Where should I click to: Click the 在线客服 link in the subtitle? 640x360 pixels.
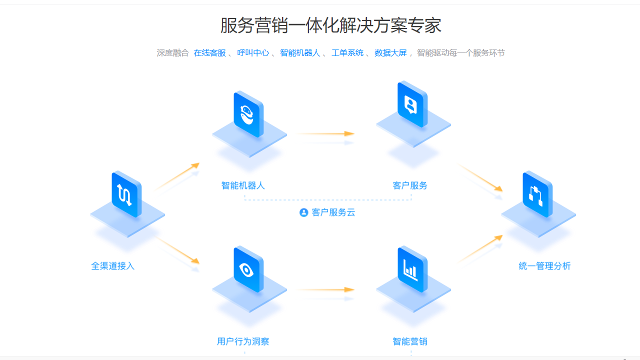coord(210,53)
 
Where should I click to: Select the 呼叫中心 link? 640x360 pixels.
coord(253,53)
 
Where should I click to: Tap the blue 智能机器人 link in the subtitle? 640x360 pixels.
coord(300,53)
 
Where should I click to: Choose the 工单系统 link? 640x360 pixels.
coord(347,53)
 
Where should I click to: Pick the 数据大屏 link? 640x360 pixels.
coord(390,53)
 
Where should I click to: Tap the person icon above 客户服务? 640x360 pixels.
coord(411,105)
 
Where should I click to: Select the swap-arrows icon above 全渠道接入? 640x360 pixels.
coord(125,194)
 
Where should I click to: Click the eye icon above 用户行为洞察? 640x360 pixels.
coord(247,270)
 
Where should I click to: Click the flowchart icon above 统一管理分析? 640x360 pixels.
coord(536,195)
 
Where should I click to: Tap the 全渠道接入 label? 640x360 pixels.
coord(112,266)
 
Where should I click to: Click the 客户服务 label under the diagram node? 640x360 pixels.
coord(410,185)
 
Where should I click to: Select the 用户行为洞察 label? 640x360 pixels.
coord(243,341)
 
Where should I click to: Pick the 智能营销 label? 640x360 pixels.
coord(410,341)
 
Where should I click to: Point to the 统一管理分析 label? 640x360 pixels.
coord(544,266)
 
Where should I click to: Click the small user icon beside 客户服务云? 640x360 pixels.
coord(303,212)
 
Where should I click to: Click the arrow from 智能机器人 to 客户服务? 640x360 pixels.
coord(325,134)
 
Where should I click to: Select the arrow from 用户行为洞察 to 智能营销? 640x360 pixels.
coord(325,289)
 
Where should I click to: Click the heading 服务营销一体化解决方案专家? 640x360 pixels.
coord(330,25)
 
